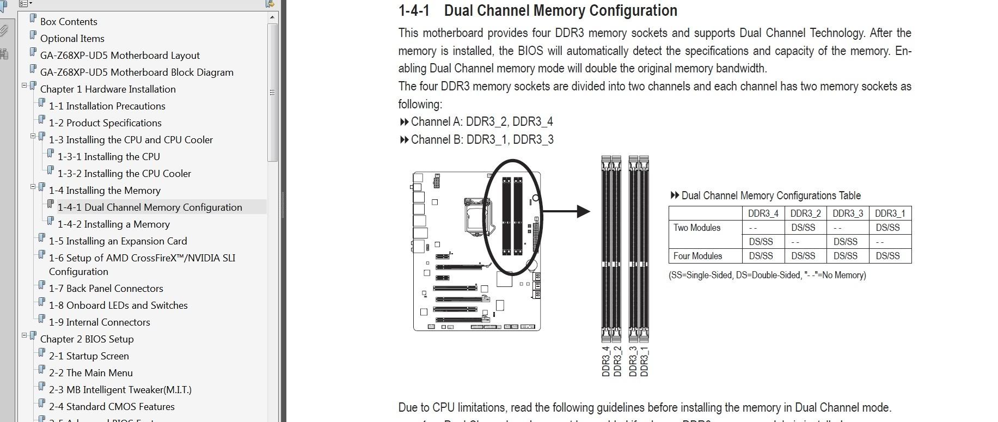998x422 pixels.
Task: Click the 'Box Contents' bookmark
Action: pos(69,22)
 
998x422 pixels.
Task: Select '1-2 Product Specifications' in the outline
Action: pos(105,123)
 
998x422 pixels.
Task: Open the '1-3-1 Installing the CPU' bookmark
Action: pos(109,157)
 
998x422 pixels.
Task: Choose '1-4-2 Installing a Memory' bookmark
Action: pos(114,224)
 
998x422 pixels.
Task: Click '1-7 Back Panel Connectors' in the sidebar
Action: pos(106,289)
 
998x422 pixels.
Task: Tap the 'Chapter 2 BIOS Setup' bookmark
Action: pos(87,339)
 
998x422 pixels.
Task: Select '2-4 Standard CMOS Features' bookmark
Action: pos(112,407)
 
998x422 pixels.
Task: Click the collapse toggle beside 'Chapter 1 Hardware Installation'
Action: pos(25,85)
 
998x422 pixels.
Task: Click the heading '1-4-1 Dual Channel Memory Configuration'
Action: pos(537,10)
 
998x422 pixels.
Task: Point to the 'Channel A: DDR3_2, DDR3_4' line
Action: pos(482,121)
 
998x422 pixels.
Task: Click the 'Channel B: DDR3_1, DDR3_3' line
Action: pos(482,139)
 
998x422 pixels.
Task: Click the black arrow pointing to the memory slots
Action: pos(566,211)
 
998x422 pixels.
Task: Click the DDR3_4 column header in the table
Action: pos(763,213)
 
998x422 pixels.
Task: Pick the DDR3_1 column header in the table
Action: pos(890,213)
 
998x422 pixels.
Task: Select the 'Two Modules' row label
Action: pos(696,228)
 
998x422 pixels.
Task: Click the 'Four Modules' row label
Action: pos(697,256)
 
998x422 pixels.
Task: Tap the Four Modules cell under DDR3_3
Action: pos(845,256)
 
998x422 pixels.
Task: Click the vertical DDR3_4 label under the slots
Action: pos(605,361)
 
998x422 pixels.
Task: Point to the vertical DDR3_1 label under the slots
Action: pos(644,361)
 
